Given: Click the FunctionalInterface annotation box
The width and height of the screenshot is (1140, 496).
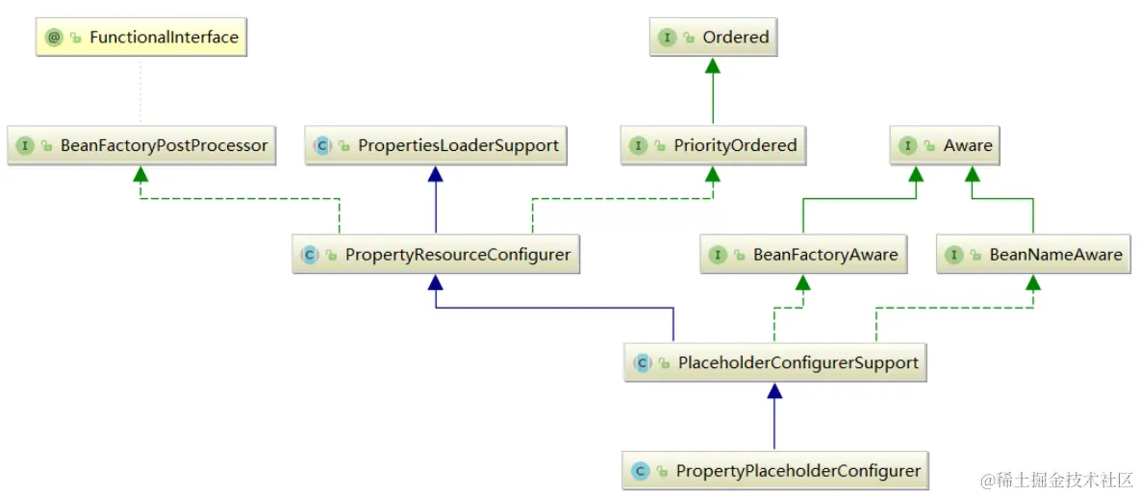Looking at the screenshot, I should (x=140, y=38).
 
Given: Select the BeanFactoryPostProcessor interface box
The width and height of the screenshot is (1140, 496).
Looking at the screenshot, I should (x=141, y=146).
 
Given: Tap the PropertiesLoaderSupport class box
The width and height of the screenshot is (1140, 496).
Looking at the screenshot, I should (x=436, y=146).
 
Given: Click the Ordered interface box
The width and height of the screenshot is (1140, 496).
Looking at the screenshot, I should (x=713, y=38).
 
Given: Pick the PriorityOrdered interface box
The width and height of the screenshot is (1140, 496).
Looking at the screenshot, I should (x=713, y=146).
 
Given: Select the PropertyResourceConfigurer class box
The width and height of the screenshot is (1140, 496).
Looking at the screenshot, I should (x=436, y=255).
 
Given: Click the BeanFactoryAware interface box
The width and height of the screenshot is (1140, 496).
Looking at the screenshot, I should (x=804, y=255).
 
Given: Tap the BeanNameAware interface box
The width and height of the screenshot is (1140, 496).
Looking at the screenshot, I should (x=1033, y=255).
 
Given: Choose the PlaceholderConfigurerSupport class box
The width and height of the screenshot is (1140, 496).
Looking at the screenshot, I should (x=775, y=363).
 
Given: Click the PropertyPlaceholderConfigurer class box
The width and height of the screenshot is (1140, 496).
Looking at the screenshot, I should (x=775, y=471).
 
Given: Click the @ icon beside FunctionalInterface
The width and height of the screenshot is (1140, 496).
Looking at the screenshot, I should (x=54, y=38).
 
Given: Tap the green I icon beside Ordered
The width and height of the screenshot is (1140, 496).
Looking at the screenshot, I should (x=666, y=38).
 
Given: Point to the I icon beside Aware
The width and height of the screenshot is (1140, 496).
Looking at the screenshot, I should (x=906, y=146).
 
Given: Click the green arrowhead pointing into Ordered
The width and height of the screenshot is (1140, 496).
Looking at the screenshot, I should (x=713, y=65).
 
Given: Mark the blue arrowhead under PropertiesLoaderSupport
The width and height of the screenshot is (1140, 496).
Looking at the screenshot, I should (x=436, y=173).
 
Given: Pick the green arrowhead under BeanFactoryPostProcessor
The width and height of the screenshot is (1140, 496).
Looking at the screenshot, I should (x=141, y=173).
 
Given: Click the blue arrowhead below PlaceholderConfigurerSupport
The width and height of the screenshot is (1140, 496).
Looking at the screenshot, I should (x=775, y=390).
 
